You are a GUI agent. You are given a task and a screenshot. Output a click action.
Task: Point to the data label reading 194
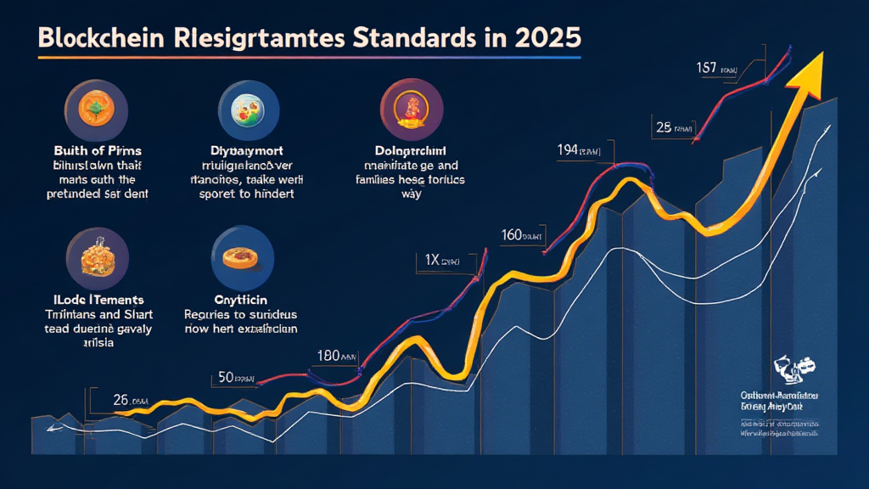coord(568,150)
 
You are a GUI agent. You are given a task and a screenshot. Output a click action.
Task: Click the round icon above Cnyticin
coord(242,257)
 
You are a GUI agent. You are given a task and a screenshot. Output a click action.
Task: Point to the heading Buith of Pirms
coord(95,150)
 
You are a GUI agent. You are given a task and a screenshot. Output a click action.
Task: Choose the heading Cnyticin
coord(241,299)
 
